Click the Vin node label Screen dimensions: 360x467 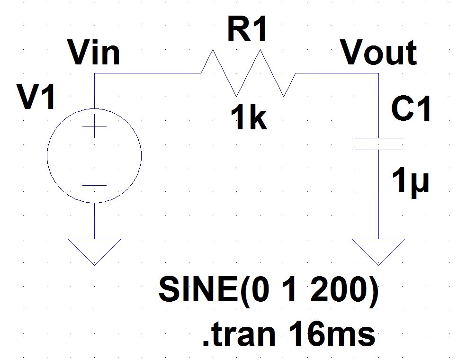click(x=94, y=53)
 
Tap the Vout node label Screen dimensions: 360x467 click(x=379, y=53)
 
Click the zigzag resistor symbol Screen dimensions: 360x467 click(x=248, y=73)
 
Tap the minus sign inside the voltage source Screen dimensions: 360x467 click(x=94, y=186)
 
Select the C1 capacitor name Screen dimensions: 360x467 click(x=411, y=110)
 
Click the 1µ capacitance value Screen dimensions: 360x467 click(x=410, y=181)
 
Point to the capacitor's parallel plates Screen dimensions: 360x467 click(x=378, y=144)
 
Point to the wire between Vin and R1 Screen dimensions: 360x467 click(x=147, y=73)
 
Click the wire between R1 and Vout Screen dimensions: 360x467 click(x=336, y=73)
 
